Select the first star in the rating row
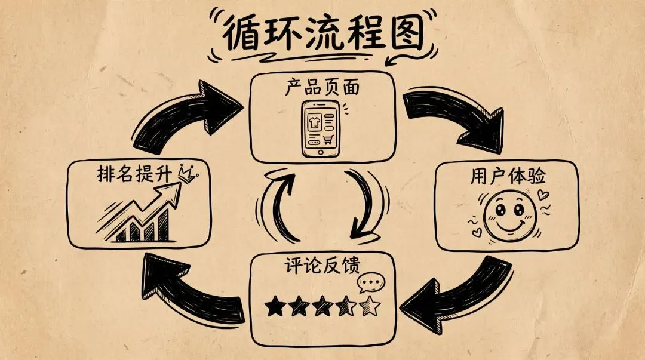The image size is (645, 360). pyautogui.click(x=275, y=307)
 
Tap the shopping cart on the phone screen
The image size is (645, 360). pyautogui.click(x=328, y=140)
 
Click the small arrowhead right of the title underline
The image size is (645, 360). pyautogui.click(x=393, y=60)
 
